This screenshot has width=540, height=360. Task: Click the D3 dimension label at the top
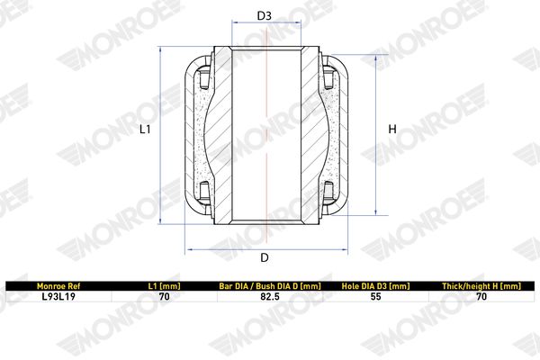click(264, 15)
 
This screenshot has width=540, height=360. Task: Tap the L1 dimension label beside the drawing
click(145, 130)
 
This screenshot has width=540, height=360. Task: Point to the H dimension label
click(392, 130)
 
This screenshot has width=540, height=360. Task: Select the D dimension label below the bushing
click(264, 257)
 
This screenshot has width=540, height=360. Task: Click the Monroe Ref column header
click(58, 286)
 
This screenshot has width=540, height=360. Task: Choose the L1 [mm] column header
click(165, 286)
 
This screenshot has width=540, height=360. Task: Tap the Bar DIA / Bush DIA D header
click(270, 286)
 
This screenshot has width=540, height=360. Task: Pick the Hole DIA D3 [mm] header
click(375, 286)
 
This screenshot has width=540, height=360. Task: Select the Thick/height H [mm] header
click(481, 286)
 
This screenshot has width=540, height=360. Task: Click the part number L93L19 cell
click(58, 296)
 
